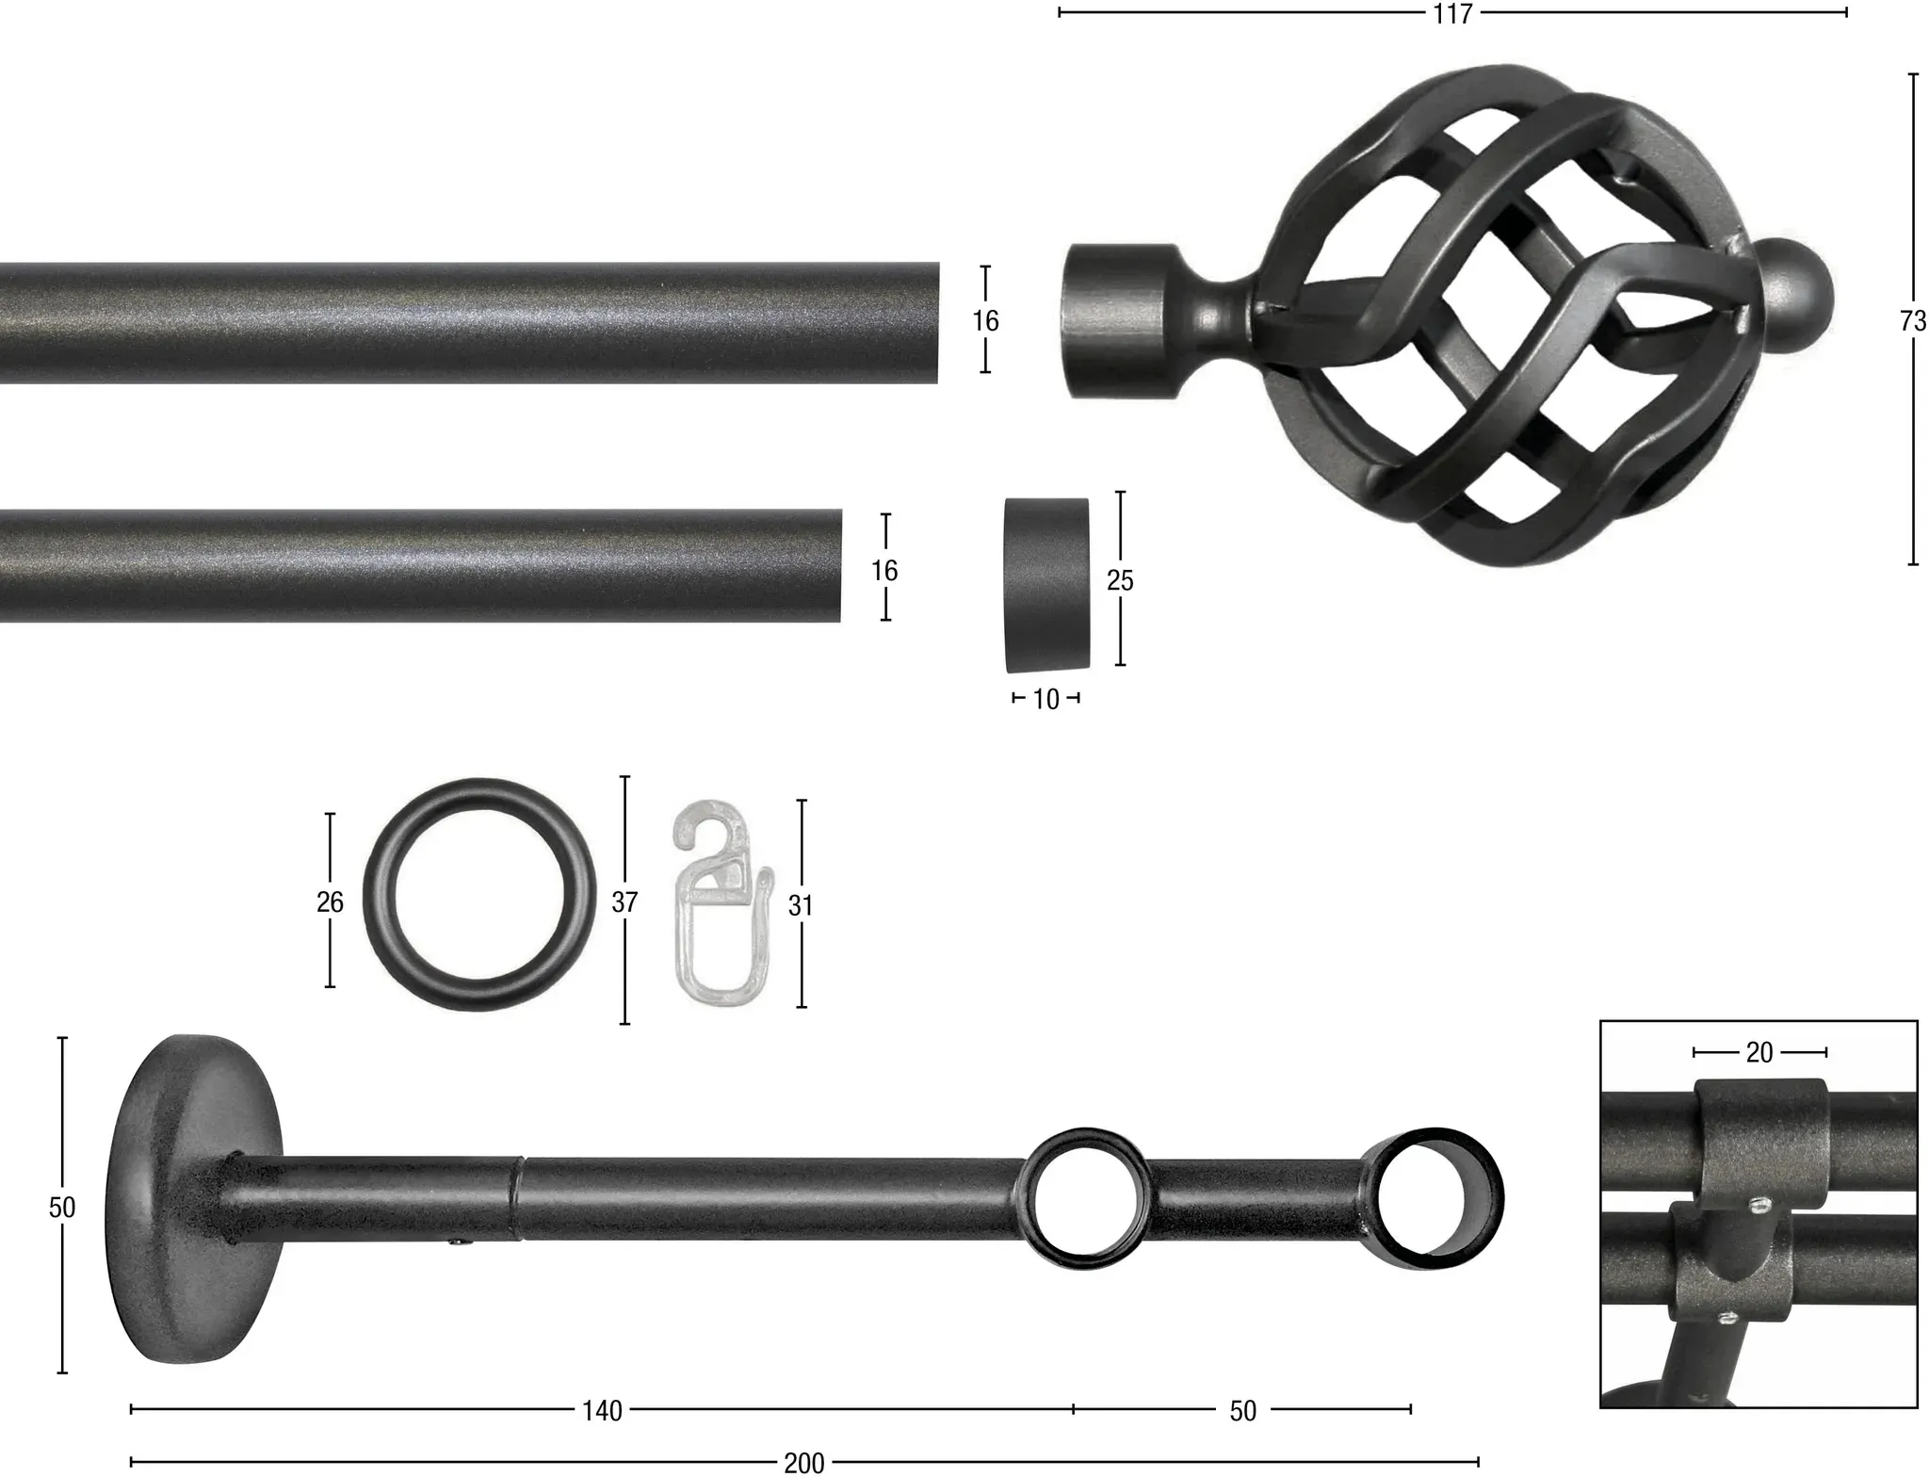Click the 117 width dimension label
pyautogui.click(x=1452, y=13)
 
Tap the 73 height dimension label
pyautogui.click(x=1913, y=321)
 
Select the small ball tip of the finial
pyautogui.click(x=1796, y=299)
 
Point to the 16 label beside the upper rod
pyautogui.click(x=985, y=321)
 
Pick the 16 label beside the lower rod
pyautogui.click(x=884, y=570)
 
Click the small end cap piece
pyautogui.click(x=1046, y=585)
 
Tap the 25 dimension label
pyautogui.click(x=1120, y=580)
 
